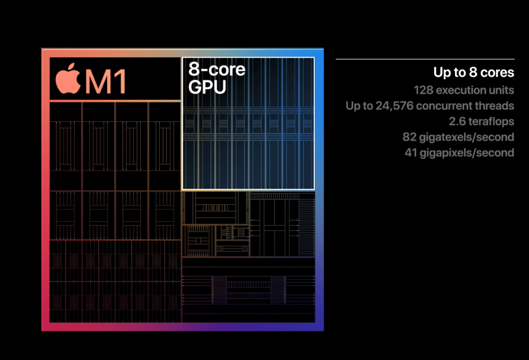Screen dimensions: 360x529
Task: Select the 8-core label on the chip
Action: (x=217, y=69)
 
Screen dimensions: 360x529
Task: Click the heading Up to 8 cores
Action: (x=474, y=73)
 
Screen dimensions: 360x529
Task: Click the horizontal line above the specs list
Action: (x=424, y=59)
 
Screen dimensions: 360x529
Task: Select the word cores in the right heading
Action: (x=498, y=73)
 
